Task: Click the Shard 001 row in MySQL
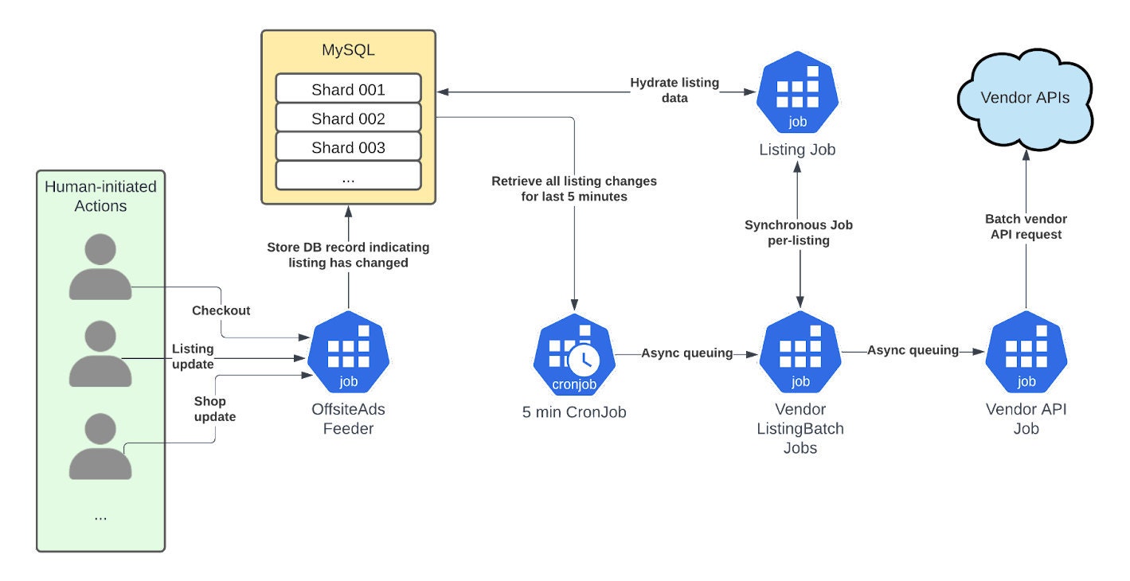[x=348, y=89]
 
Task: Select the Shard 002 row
[x=348, y=119]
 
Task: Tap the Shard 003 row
[x=348, y=147]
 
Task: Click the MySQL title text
[x=348, y=50]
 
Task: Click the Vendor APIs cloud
[x=1024, y=98]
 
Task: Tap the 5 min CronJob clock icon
[x=584, y=360]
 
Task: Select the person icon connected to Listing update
[x=100, y=355]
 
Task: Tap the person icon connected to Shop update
[x=100, y=446]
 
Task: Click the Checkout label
[x=221, y=310]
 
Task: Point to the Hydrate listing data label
[x=674, y=90]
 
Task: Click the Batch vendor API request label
[x=1026, y=226]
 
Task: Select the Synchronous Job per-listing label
[x=798, y=232]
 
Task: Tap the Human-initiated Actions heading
[x=100, y=196]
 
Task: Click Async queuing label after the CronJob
[x=686, y=353]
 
